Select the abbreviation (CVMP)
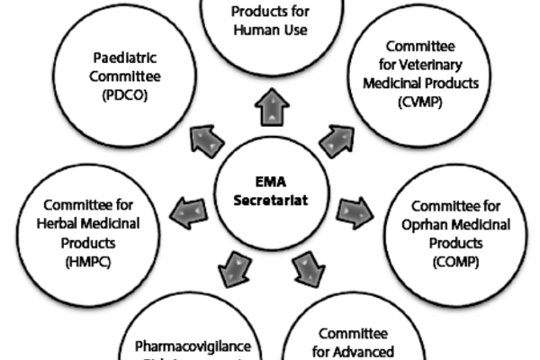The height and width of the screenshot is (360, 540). click(417, 103)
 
